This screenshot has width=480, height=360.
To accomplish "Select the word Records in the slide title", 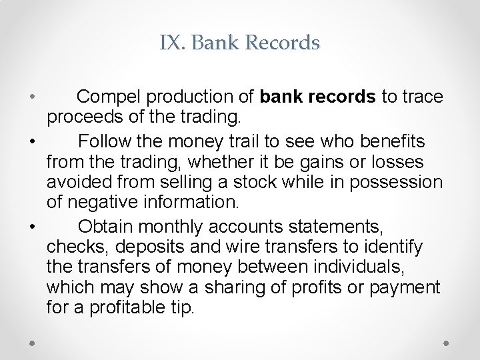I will [283, 43].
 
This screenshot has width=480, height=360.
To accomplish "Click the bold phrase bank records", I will [318, 97].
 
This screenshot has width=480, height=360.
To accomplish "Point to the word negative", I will [103, 202].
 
